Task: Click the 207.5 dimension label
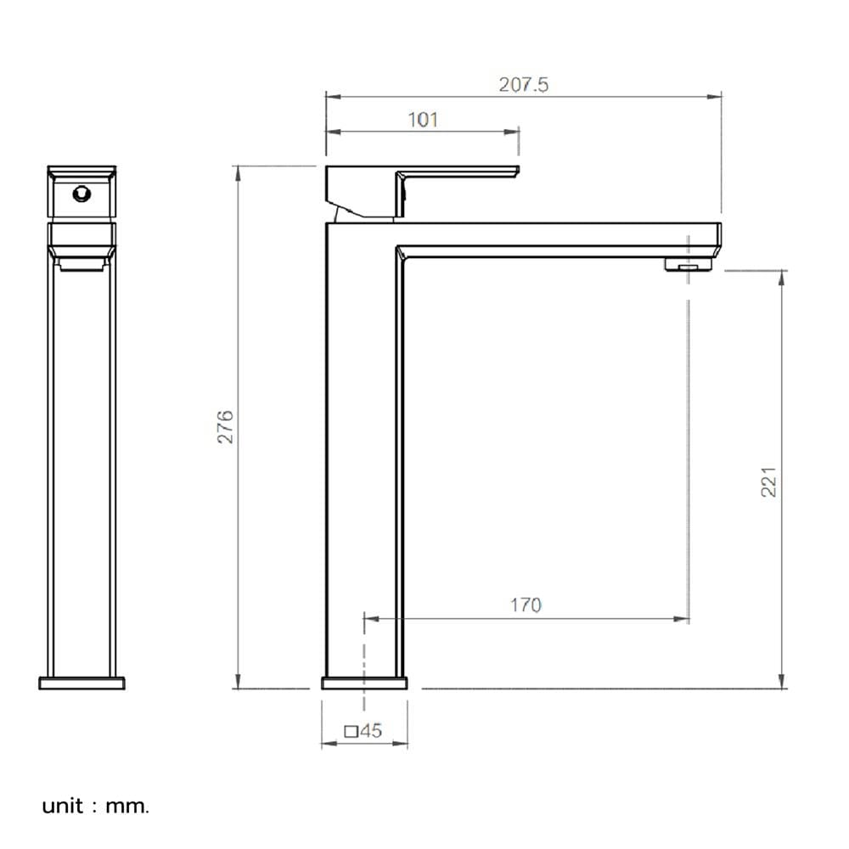[523, 84]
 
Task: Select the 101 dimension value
[422, 120]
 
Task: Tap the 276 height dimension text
[225, 427]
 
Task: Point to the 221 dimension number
[768, 481]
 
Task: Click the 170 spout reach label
[526, 604]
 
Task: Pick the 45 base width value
[371, 730]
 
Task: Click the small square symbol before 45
[351, 732]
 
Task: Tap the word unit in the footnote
[63, 806]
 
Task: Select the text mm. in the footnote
[127, 807]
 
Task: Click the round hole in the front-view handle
[82, 194]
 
